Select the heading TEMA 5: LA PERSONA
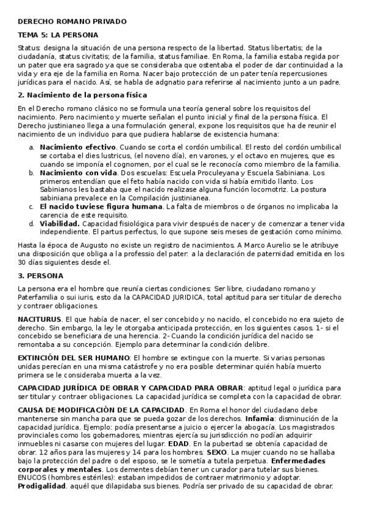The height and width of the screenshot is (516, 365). [x=58, y=35]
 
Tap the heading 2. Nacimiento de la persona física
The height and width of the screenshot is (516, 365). [x=82, y=95]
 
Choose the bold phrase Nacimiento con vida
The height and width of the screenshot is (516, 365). [x=77, y=173]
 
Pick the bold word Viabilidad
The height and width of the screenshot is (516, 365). [x=60, y=223]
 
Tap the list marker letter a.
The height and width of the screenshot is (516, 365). [x=32, y=147]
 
